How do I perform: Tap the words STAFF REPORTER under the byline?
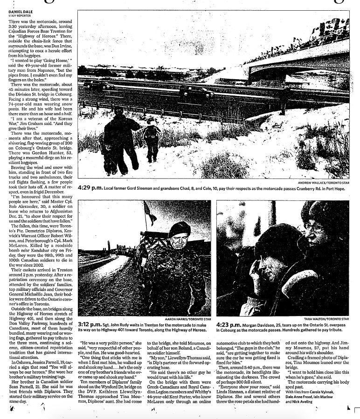point(18,16)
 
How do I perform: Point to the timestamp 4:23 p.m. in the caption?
point(229,323)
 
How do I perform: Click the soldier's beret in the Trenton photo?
point(179,229)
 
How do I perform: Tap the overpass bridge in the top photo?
point(298,61)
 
